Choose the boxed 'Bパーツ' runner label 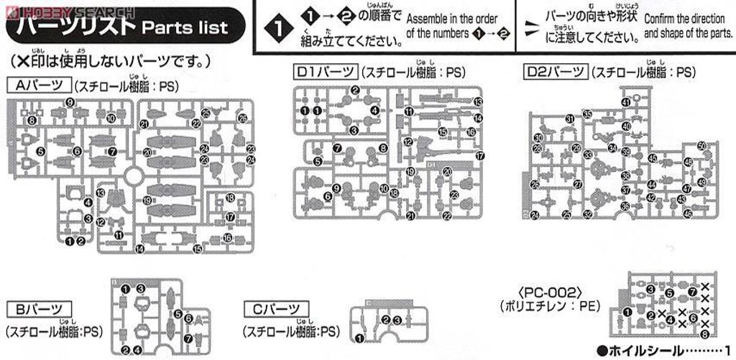39,310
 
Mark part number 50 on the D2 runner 701,147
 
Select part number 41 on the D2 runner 625,102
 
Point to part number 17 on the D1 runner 480,155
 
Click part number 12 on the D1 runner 408,142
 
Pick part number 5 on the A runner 41,152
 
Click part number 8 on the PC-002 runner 705,333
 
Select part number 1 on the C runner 359,336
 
